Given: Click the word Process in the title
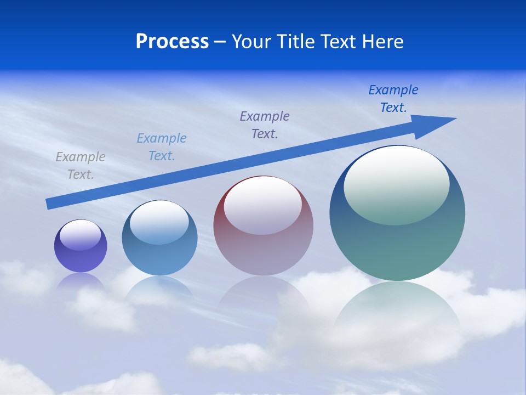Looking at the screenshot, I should click(x=172, y=42).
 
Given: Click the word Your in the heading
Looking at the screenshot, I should click(x=251, y=42).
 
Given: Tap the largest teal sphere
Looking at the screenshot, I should click(x=397, y=247).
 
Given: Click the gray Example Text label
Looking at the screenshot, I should click(x=81, y=166).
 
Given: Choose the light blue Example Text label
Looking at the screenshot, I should click(x=162, y=147).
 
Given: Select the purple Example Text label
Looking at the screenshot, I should click(x=265, y=125).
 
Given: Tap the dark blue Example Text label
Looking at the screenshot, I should click(x=393, y=99).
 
